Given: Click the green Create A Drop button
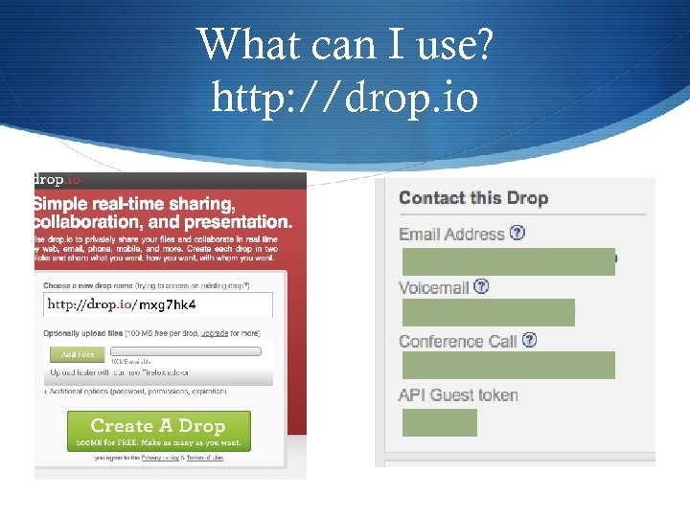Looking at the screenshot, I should click(x=158, y=431).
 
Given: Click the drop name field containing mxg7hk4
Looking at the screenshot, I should click(x=158, y=304).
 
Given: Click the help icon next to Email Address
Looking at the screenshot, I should click(x=517, y=233).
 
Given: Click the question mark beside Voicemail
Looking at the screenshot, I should click(x=481, y=286).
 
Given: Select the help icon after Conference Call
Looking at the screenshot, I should click(x=529, y=340).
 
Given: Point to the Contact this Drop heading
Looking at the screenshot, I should click(x=473, y=198).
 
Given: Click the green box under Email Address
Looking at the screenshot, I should click(x=508, y=261).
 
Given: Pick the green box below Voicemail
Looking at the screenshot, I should click(x=488, y=312).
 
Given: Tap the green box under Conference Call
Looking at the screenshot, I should click(x=508, y=365).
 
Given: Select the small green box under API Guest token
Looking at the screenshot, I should click(x=439, y=422).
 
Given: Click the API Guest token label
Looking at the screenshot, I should click(x=458, y=395).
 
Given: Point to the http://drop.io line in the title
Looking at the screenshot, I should click(x=345, y=96).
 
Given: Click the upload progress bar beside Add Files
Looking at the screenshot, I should click(x=186, y=351).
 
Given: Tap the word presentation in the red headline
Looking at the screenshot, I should click(x=231, y=221).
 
